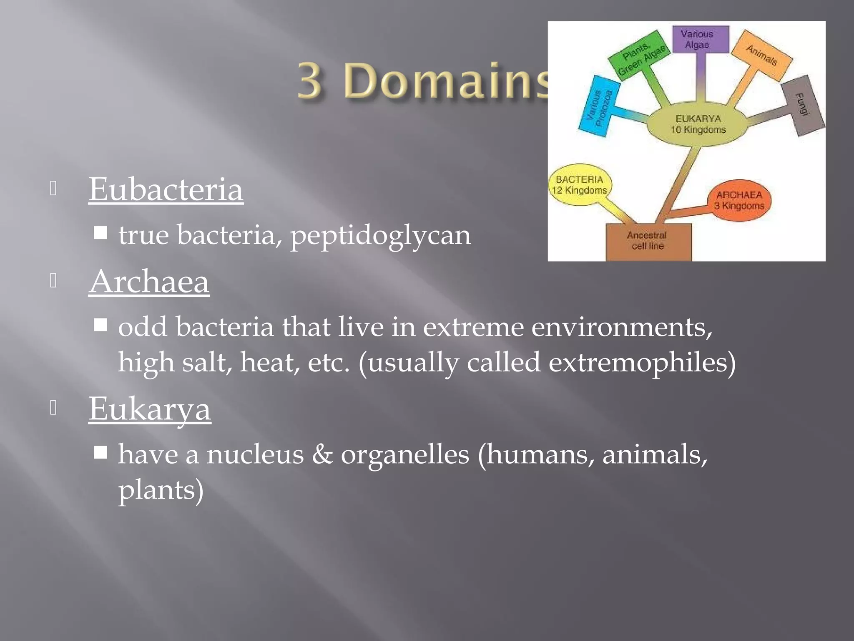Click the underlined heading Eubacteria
(166, 189)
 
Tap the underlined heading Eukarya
(150, 409)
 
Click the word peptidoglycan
(380, 235)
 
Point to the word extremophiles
(642, 362)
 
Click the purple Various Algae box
(701, 39)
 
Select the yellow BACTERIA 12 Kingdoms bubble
(580, 185)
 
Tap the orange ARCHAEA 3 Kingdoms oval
(739, 200)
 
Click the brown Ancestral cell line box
(648, 241)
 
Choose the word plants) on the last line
(161, 490)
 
